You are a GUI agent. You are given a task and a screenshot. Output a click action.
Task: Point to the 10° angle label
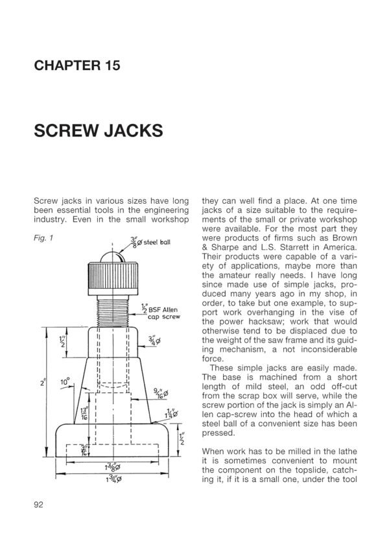pos(64,383)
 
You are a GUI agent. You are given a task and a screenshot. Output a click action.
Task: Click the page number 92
pos(37,506)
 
